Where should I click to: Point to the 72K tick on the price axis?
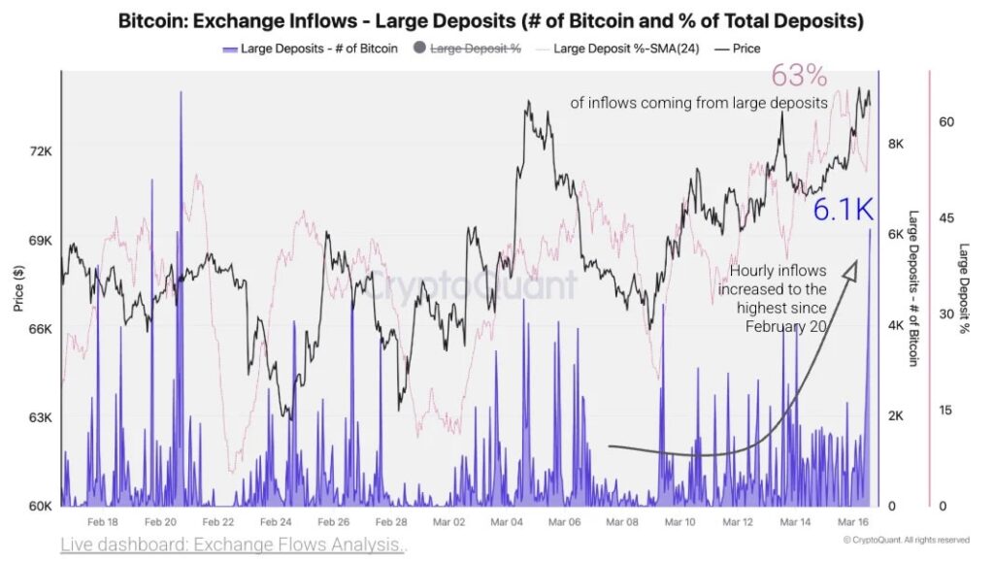(x=40, y=151)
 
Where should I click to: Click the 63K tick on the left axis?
(x=40, y=418)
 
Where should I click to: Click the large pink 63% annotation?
(x=798, y=76)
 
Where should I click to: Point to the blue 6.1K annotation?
(x=842, y=209)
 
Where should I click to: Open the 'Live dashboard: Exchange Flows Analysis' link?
(x=232, y=544)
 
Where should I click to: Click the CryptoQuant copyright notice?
(x=906, y=541)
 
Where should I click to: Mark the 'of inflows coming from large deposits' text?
(x=699, y=102)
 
